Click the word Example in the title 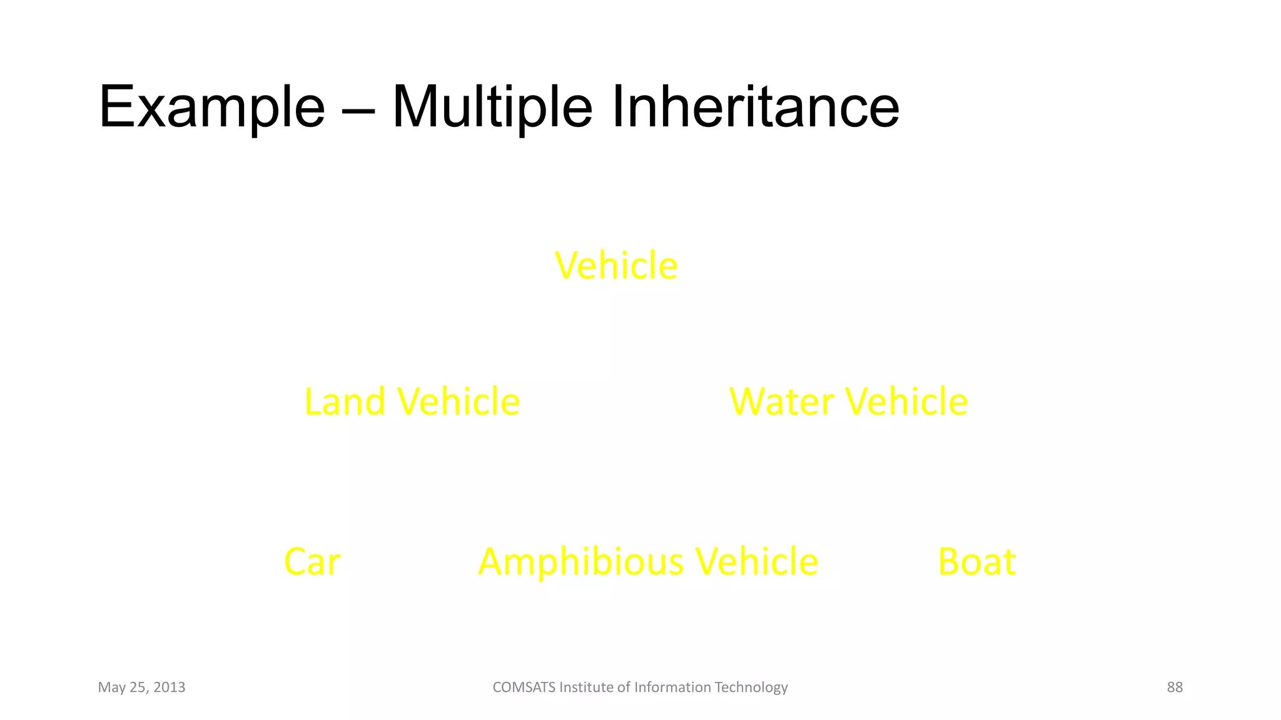tap(211, 107)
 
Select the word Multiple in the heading tap(492, 107)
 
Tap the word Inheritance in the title tap(755, 107)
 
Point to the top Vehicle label tap(616, 266)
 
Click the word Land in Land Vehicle tap(344, 401)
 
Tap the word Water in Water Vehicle tap(781, 401)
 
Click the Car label tap(312, 561)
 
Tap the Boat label tap(977, 561)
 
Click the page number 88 tap(1175, 687)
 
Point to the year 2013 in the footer tap(169, 687)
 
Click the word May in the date tap(111, 687)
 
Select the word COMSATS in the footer tap(524, 687)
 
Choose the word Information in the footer tap(672, 687)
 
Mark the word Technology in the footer tap(751, 687)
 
